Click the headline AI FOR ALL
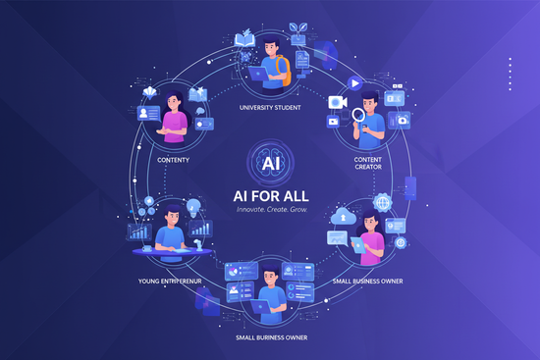tap(269, 191)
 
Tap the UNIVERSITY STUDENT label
tap(269, 107)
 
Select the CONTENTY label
tap(174, 159)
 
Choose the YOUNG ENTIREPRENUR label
tap(173, 281)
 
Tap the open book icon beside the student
tap(245, 40)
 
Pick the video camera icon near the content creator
tap(337, 102)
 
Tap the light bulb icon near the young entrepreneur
tap(193, 208)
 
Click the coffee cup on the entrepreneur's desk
tap(147, 248)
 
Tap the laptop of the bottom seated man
tap(262, 307)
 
